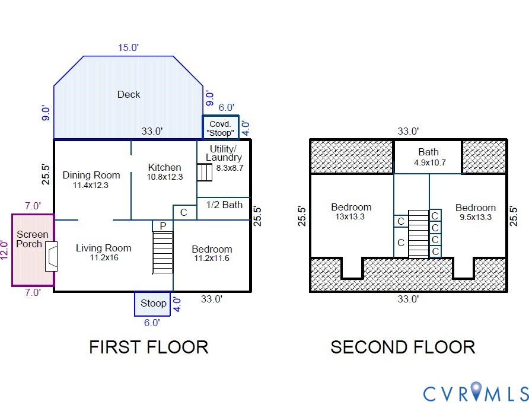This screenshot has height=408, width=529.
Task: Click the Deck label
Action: (129, 94)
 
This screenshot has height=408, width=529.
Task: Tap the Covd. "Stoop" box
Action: (221, 128)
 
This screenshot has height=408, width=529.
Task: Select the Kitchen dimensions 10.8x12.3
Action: (165, 177)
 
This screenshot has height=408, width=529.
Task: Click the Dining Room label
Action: (91, 175)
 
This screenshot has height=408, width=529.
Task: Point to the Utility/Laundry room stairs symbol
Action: (205, 172)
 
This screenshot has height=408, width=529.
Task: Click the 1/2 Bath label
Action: (224, 205)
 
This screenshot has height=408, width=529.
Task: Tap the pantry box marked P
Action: (162, 226)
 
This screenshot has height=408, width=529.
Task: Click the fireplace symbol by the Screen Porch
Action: (52, 256)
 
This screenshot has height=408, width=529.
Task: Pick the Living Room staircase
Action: (162, 252)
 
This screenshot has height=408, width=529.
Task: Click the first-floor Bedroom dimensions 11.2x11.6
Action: (212, 259)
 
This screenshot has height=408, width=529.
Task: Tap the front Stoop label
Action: (154, 304)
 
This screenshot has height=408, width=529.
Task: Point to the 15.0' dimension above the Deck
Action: (128, 48)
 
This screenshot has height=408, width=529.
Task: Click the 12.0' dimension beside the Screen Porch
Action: (4, 250)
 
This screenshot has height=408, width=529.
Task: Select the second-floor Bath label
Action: (428, 152)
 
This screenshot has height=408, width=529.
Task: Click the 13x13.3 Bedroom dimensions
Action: (350, 216)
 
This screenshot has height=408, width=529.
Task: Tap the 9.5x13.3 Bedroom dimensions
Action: (476, 217)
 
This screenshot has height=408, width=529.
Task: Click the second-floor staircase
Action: (419, 234)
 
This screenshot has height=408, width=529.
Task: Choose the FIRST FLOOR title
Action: (149, 348)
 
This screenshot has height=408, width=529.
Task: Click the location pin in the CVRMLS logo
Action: (476, 391)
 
